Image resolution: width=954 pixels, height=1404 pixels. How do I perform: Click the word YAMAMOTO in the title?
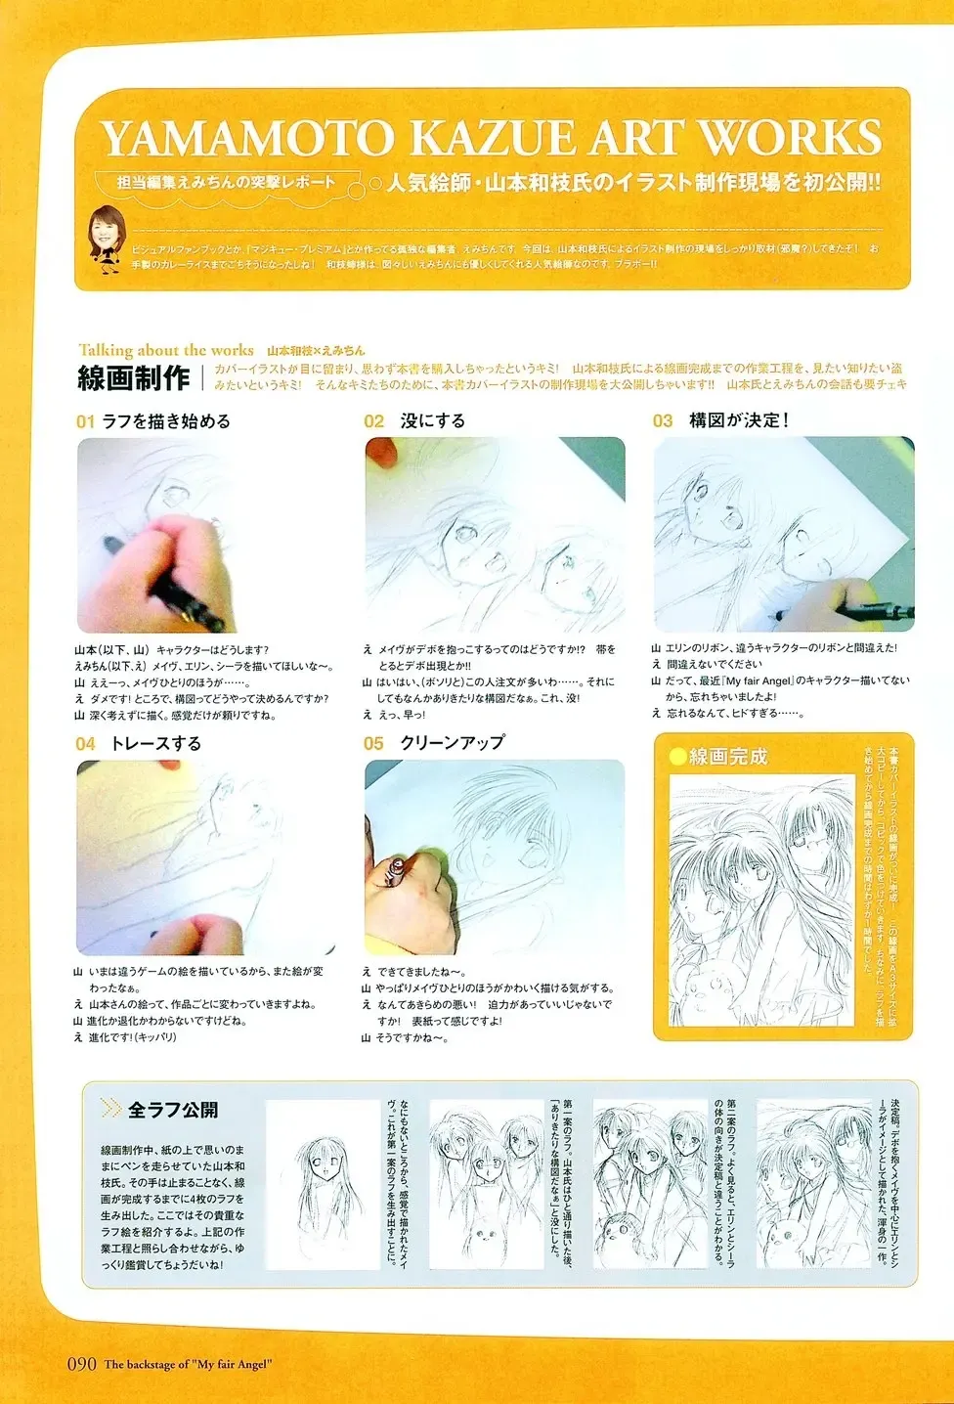click(249, 139)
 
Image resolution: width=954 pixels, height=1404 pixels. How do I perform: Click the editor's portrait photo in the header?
click(104, 236)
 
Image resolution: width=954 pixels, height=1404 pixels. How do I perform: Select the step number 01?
click(85, 422)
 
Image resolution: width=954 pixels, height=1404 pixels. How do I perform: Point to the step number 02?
click(373, 421)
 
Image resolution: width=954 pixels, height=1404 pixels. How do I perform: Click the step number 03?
click(663, 421)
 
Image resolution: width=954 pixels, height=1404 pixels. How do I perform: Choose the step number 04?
click(85, 744)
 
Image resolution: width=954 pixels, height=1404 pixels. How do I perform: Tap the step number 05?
click(373, 744)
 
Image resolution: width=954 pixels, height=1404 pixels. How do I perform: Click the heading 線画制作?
click(134, 377)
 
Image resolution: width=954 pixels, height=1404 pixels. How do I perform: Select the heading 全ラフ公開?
click(173, 1110)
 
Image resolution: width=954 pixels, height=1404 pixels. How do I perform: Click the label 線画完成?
click(728, 756)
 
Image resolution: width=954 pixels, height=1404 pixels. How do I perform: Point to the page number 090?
click(81, 1364)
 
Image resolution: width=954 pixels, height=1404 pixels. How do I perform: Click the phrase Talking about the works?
click(166, 350)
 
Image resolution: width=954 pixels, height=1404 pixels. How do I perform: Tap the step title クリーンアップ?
click(452, 743)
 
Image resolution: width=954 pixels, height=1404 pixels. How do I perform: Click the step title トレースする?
click(155, 744)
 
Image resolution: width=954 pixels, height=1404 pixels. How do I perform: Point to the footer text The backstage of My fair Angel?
click(188, 1365)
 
